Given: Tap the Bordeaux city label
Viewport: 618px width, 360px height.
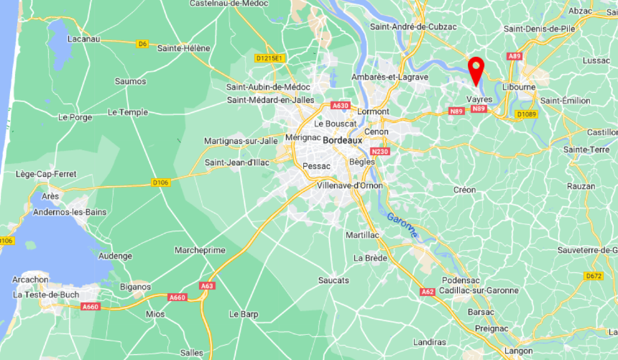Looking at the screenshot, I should point(343,140).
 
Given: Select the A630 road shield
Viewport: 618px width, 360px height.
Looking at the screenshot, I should point(340,106).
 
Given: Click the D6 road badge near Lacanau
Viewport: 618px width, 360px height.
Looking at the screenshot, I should point(142,44).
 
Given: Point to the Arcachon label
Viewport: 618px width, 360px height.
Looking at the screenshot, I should point(30,280).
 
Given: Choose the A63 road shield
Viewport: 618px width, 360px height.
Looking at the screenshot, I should point(208,286).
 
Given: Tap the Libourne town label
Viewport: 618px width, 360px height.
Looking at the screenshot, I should point(519,87).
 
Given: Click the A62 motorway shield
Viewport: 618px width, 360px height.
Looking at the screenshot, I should point(427,292).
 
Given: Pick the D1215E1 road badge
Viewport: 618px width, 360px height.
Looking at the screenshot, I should point(270,57).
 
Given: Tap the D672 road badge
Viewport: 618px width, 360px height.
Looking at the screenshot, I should point(594,276).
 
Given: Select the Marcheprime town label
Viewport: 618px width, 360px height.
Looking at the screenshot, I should point(200,250).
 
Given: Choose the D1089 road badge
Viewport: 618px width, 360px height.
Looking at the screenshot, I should point(526,114).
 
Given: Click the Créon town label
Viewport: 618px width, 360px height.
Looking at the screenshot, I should point(465,190).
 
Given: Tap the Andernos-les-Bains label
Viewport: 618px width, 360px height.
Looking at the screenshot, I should point(63,211).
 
